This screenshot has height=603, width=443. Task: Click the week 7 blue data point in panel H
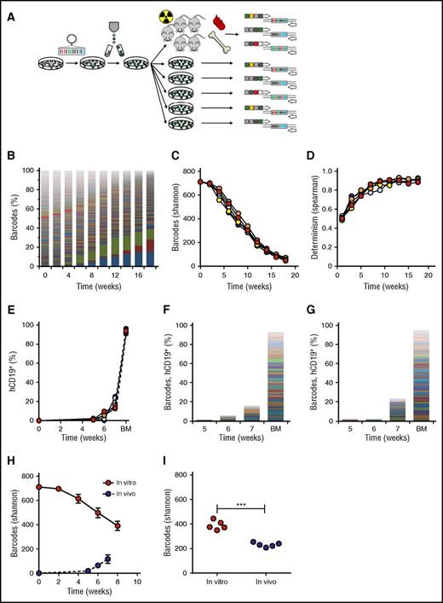pyautogui.click(x=107, y=560)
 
